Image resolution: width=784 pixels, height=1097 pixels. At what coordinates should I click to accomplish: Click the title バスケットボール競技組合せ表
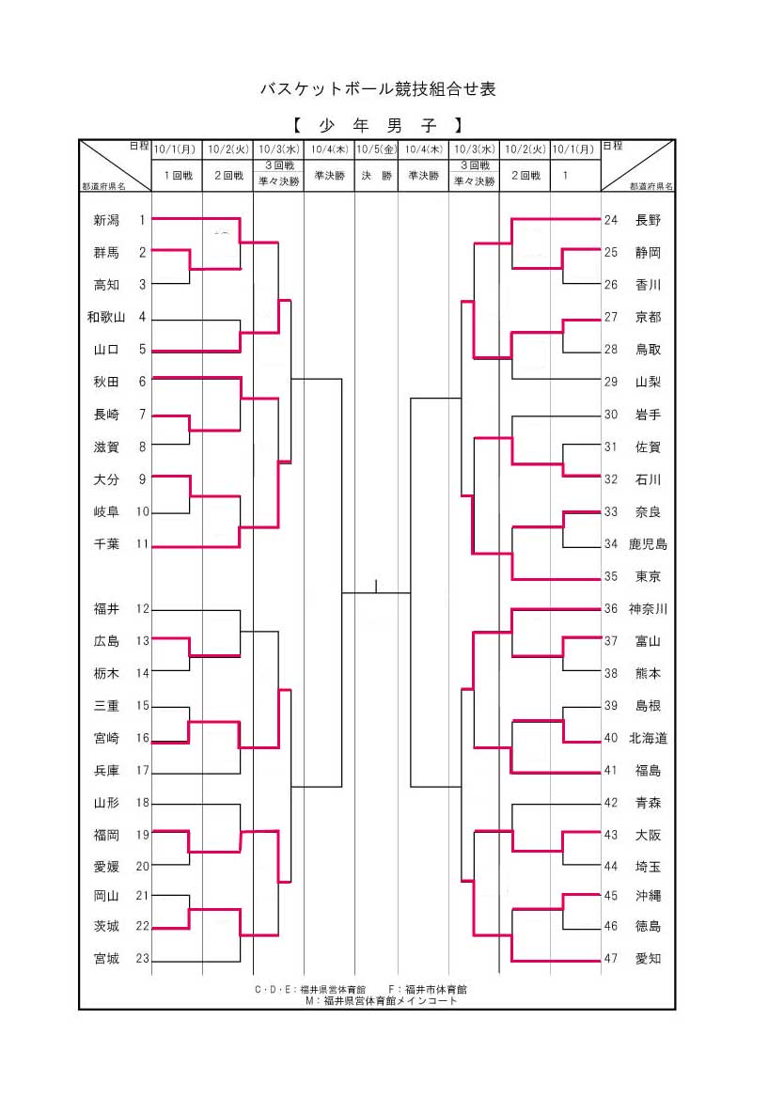(x=377, y=89)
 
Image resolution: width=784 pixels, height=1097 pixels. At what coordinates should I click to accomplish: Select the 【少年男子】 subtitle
(x=377, y=125)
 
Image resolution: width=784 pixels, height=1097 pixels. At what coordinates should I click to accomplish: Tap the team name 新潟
(x=106, y=220)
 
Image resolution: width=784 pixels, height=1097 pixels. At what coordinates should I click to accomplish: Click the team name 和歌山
(x=106, y=317)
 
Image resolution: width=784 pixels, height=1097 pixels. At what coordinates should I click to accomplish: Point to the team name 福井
(x=106, y=609)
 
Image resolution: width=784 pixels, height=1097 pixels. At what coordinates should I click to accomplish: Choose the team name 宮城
(x=106, y=959)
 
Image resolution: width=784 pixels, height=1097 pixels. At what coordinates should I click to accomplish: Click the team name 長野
(x=648, y=220)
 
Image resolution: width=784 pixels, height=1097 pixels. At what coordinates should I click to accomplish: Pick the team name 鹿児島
(x=648, y=544)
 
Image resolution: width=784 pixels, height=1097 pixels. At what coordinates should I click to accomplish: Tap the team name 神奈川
(x=648, y=609)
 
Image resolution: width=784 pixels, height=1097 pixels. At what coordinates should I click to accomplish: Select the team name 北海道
(x=648, y=738)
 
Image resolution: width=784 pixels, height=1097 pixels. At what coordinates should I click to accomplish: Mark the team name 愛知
(x=648, y=959)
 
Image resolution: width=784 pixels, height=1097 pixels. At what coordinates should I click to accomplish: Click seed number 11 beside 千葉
(x=143, y=543)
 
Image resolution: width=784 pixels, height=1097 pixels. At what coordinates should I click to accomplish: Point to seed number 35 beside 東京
(x=611, y=576)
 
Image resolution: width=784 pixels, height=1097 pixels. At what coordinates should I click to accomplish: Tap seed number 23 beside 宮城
(x=143, y=959)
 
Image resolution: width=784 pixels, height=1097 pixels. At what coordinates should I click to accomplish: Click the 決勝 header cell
(x=375, y=175)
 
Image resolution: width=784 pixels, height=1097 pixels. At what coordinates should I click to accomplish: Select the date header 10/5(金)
(x=375, y=149)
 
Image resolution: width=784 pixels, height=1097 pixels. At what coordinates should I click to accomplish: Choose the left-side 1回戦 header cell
(x=178, y=175)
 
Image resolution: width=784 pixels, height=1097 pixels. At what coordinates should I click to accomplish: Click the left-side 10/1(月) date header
(x=176, y=149)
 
